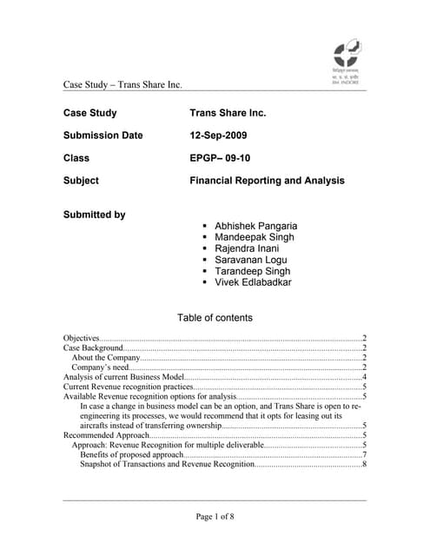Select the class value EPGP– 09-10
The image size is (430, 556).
click(x=224, y=158)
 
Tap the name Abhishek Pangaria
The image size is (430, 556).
click(x=255, y=226)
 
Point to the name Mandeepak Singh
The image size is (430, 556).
click(x=254, y=237)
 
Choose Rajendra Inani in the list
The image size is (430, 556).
click(x=248, y=248)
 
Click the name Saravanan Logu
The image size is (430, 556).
click(x=251, y=260)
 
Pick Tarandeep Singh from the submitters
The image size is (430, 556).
click(x=252, y=271)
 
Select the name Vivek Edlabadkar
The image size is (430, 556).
click(x=253, y=282)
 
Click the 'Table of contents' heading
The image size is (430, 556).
click(x=215, y=318)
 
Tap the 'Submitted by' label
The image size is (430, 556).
click(x=94, y=215)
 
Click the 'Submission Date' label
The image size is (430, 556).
click(x=103, y=136)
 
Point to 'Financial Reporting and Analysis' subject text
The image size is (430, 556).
click(x=267, y=181)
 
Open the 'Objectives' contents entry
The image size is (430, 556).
click(x=82, y=337)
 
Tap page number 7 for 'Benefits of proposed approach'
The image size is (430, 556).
click(x=364, y=454)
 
